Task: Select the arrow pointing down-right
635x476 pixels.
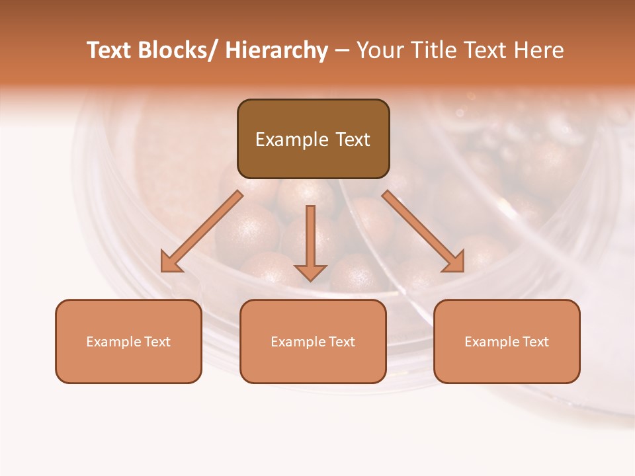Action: point(421,229)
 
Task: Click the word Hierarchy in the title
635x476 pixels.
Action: point(276,50)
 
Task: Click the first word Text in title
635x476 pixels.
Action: point(110,50)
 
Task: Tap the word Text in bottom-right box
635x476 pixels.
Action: point(535,342)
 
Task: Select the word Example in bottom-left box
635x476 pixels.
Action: point(114,342)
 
